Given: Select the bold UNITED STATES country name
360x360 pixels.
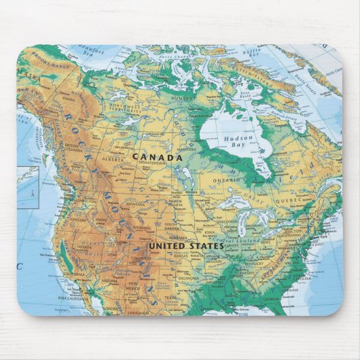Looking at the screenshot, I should tap(185, 245).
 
